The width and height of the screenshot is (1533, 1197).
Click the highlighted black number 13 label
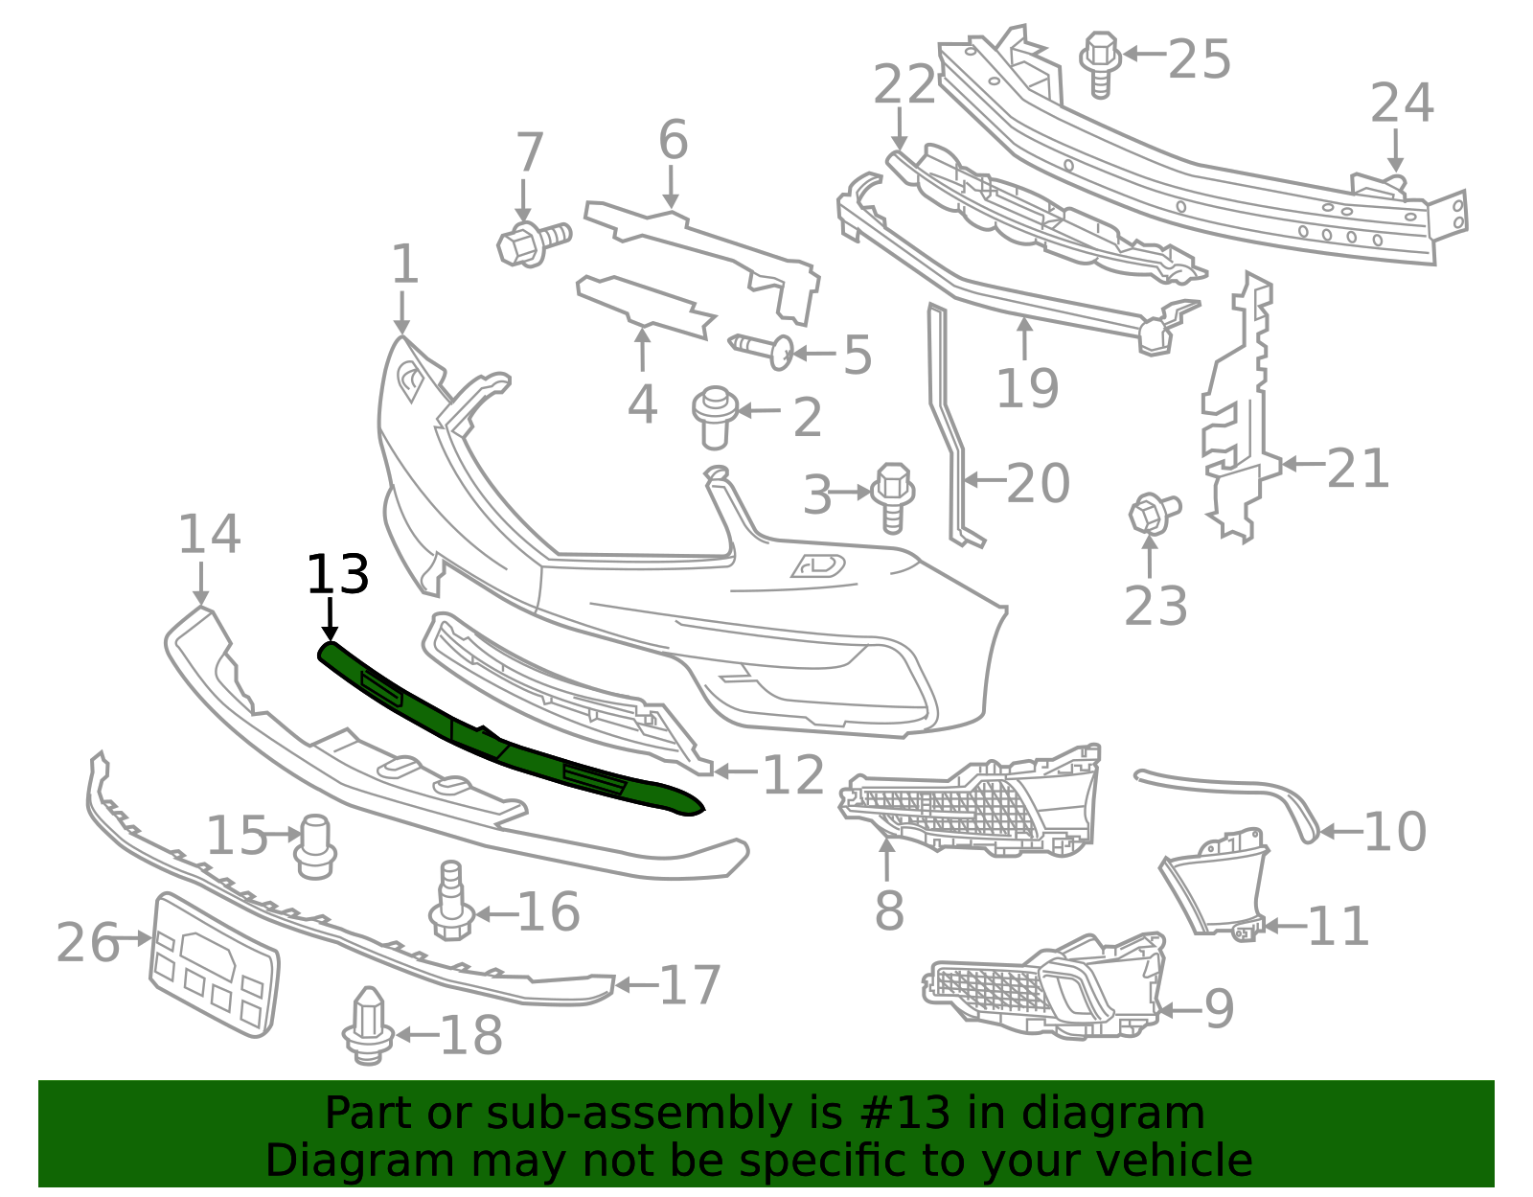pos(337,575)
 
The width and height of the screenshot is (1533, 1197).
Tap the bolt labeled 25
pos(1101,62)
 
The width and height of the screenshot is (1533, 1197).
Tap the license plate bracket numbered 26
pos(215,964)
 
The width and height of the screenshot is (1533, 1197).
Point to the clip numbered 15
pos(315,845)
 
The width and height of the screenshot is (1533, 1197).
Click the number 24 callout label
pos(1401,104)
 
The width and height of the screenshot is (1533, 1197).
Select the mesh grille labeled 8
pos(968,800)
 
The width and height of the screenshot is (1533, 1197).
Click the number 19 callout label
pos(1027,388)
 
